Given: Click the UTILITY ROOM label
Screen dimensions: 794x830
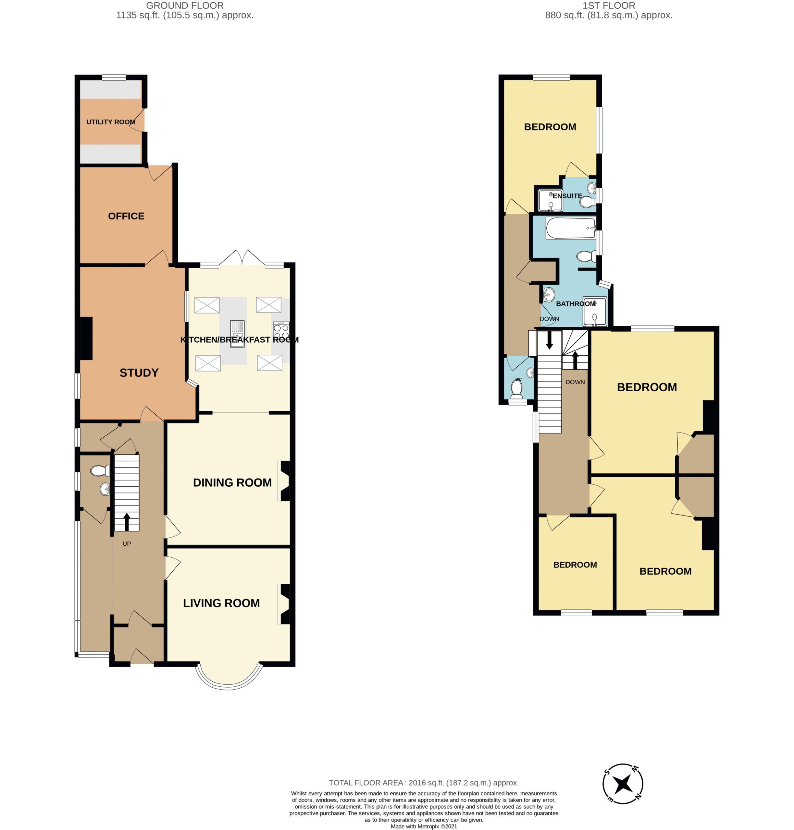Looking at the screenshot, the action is click(x=111, y=122).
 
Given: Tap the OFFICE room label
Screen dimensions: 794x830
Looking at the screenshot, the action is click(x=126, y=216).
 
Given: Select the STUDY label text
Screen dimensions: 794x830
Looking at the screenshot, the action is click(x=139, y=373).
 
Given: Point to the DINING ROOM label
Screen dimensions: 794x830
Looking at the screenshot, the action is click(x=232, y=482).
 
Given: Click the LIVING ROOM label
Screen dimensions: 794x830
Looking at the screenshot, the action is click(x=221, y=603).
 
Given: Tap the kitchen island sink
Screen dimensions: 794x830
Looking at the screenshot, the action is click(x=237, y=334).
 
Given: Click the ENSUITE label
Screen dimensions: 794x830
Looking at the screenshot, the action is click(x=567, y=196).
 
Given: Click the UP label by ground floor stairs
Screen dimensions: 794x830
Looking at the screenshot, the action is click(x=127, y=544).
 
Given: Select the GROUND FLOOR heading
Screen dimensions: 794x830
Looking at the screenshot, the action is click(x=185, y=6).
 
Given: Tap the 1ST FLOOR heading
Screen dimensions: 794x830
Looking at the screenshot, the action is click(x=609, y=6).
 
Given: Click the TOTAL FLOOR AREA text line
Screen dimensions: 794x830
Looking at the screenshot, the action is click(x=424, y=783).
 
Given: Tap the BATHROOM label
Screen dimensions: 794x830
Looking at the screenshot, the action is click(x=576, y=303).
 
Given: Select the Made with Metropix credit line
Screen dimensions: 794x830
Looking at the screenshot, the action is click(x=424, y=826).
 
